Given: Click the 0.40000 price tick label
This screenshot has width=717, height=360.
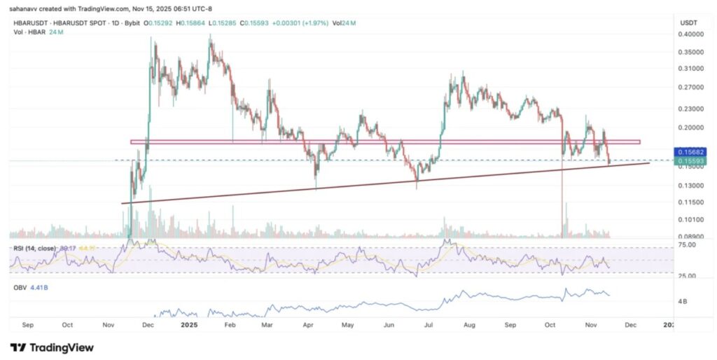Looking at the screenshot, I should pyautogui.click(x=690, y=34).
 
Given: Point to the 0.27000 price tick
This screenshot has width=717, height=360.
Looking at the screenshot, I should pyautogui.click(x=690, y=88).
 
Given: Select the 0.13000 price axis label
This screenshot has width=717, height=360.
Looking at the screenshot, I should pyautogui.click(x=690, y=186).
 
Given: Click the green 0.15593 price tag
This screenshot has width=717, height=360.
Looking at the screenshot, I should pyautogui.click(x=690, y=160).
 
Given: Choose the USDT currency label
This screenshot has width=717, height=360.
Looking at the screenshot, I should pyautogui.click(x=688, y=23).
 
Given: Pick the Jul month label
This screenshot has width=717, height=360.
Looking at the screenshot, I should pyautogui.click(x=427, y=325).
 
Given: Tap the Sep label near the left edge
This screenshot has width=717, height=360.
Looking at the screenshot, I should pyautogui.click(x=28, y=325).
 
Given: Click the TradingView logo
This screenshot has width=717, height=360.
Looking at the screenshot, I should pyautogui.click(x=52, y=347).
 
